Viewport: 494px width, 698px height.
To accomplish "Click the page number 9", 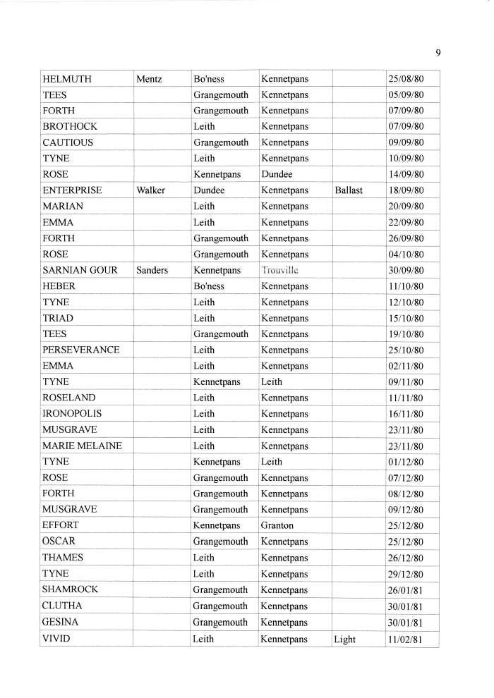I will pyautogui.click(x=438, y=52).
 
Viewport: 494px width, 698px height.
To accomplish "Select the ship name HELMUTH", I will pyautogui.click(x=67, y=79).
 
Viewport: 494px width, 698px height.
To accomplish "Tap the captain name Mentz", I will pyautogui.click(x=149, y=79).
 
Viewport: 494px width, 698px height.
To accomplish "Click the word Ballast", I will pyautogui.click(x=349, y=190).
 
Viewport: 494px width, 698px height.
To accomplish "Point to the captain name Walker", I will pyautogui.click(x=151, y=190).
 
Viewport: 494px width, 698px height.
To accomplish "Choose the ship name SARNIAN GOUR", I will pyautogui.click(x=80, y=270).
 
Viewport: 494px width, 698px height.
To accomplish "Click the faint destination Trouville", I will pyautogui.click(x=280, y=270).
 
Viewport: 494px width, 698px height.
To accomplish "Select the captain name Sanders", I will pyautogui.click(x=152, y=270).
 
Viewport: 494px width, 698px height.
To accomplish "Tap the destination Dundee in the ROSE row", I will pyautogui.click(x=277, y=174).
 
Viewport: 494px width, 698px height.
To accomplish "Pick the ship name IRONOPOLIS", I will pyautogui.click(x=72, y=414).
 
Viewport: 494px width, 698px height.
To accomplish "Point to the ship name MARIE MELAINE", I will pyautogui.click(x=82, y=446).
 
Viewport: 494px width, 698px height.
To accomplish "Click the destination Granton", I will pyautogui.click(x=277, y=525).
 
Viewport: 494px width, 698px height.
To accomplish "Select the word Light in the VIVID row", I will pyautogui.click(x=345, y=639).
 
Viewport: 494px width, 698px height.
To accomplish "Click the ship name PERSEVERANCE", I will pyautogui.click(x=81, y=350).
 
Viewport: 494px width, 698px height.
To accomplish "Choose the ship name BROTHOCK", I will pyautogui.click(x=70, y=126).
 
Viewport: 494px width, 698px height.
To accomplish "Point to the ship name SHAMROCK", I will pyautogui.click(x=71, y=589).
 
